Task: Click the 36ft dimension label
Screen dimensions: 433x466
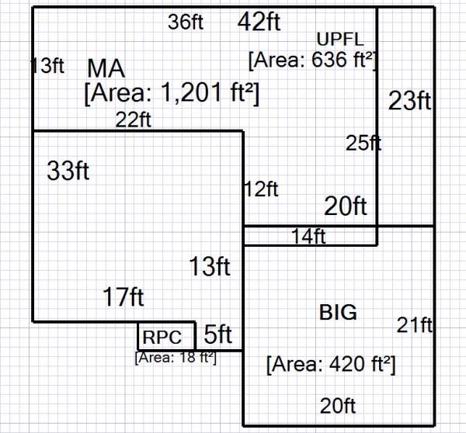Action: point(186,23)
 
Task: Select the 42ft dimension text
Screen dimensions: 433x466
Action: point(259,23)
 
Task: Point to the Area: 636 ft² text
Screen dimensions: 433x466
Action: point(312,60)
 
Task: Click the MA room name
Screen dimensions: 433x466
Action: point(106,68)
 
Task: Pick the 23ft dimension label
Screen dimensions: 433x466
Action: point(409,101)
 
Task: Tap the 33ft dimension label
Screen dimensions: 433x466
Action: point(68,171)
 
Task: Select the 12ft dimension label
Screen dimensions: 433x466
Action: point(260,189)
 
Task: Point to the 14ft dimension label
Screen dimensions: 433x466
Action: point(308,237)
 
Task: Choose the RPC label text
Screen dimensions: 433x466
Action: point(162,338)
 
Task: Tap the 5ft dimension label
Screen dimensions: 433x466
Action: point(218,335)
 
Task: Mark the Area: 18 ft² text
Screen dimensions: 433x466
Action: point(176,358)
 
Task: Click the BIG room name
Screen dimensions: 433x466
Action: point(339,313)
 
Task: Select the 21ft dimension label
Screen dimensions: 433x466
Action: point(414,325)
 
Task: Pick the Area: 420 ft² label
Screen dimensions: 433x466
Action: point(331,365)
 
